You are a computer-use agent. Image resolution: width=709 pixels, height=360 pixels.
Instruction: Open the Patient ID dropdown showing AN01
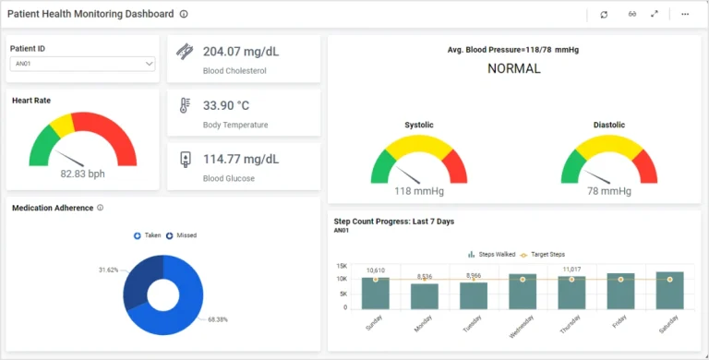click(83, 64)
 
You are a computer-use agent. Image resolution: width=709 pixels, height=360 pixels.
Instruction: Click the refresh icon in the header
click(604, 14)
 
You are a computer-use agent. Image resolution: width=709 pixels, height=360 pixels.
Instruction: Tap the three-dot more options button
click(685, 14)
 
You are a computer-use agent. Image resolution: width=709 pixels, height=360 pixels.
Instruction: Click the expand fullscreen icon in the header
click(655, 14)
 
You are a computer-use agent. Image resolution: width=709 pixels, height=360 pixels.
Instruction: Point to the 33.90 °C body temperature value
click(226, 105)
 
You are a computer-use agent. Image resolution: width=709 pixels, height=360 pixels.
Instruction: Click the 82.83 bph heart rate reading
click(83, 174)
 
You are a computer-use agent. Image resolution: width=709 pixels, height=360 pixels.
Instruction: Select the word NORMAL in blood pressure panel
click(513, 68)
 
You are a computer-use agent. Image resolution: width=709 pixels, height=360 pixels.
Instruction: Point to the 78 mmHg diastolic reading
click(609, 191)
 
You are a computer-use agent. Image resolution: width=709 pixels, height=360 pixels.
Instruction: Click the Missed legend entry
click(182, 235)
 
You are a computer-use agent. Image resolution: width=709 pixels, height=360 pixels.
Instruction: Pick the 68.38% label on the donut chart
click(217, 319)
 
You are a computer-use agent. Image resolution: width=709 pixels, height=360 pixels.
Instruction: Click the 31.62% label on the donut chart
click(108, 270)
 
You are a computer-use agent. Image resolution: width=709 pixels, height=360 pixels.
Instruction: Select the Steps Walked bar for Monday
click(425, 296)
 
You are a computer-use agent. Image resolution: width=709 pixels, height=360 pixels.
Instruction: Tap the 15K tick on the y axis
click(342, 266)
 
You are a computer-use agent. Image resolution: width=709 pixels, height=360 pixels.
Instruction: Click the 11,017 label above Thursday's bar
click(571, 270)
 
